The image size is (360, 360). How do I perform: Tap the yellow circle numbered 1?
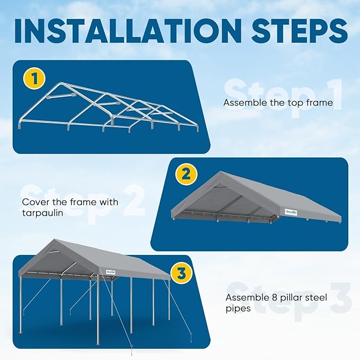point(35,80)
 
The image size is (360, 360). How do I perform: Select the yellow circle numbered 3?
point(181,274)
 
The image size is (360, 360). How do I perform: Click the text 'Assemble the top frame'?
point(278,103)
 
